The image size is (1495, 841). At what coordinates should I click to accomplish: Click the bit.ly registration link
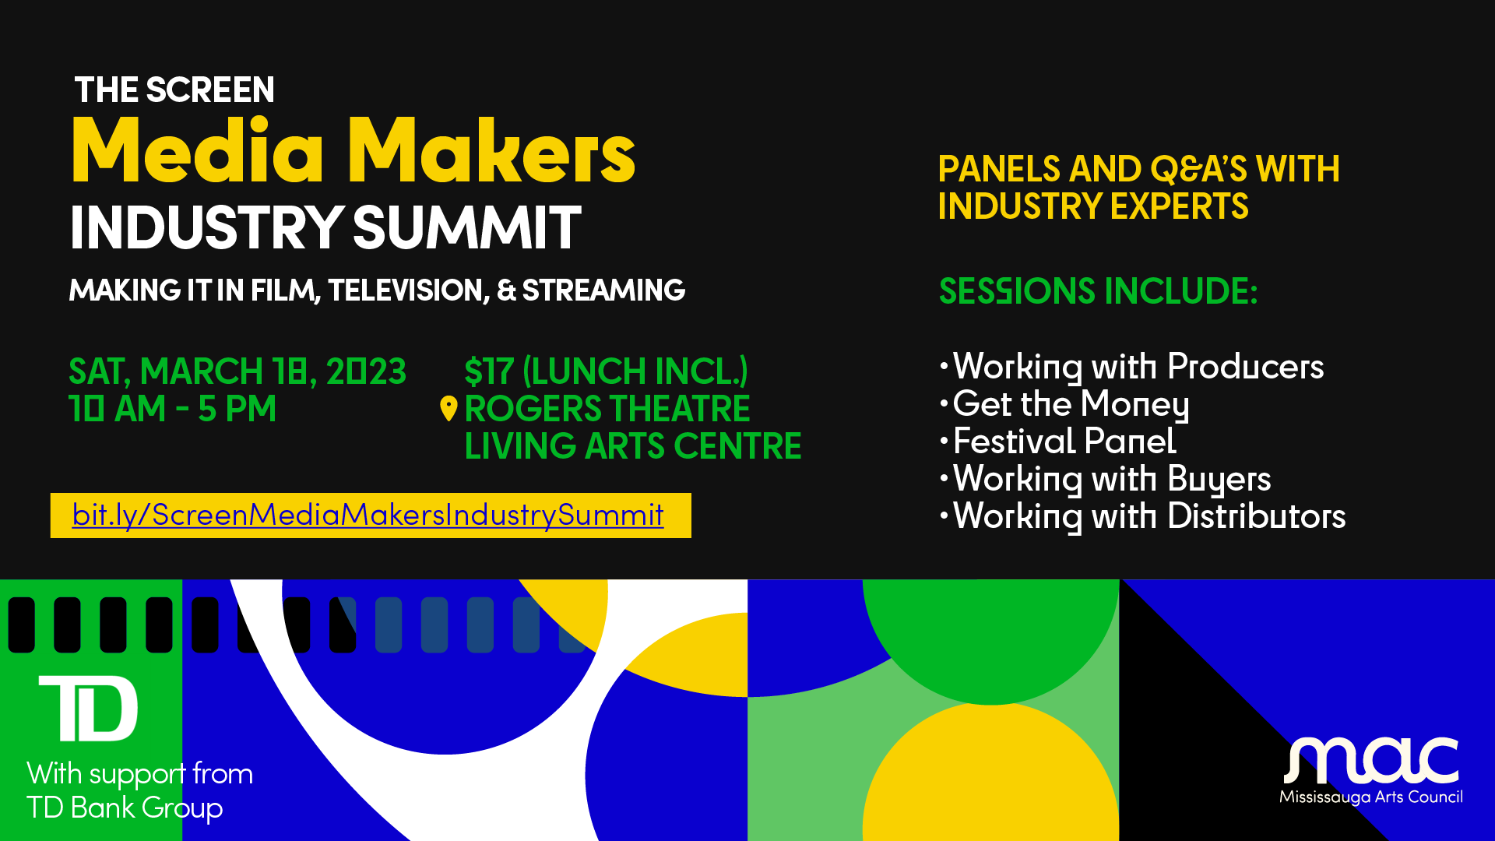pyautogui.click(x=368, y=515)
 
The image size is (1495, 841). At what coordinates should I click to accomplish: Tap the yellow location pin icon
pyautogui.click(x=448, y=408)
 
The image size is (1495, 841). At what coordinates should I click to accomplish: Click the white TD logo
pyautogui.click(x=89, y=708)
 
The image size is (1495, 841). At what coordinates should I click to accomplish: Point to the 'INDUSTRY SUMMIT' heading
pyautogui.click(x=325, y=227)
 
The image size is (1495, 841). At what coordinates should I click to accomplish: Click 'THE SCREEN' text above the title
pyautogui.click(x=174, y=90)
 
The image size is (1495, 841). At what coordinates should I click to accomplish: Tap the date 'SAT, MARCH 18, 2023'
pyautogui.click(x=237, y=371)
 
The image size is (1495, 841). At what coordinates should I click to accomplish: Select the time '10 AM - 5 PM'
pyautogui.click(x=172, y=409)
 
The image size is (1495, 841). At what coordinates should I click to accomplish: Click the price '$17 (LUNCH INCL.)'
pyautogui.click(x=606, y=371)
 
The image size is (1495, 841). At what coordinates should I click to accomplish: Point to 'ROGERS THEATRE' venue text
pyautogui.click(x=607, y=409)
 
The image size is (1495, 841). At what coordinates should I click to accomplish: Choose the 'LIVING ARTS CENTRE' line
pyautogui.click(x=633, y=446)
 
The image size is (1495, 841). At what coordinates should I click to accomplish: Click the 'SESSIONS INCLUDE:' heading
pyautogui.click(x=1098, y=291)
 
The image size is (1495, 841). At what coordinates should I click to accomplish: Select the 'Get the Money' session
pyautogui.click(x=1071, y=405)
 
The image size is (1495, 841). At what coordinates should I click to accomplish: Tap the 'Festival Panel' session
pyautogui.click(x=1064, y=442)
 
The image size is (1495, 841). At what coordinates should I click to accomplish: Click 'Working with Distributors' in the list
pyautogui.click(x=1149, y=516)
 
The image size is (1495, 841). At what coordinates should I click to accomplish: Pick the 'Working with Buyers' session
pyautogui.click(x=1112, y=480)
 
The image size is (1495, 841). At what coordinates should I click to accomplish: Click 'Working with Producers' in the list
pyautogui.click(x=1138, y=367)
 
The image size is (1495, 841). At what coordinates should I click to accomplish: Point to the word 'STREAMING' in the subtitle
pyautogui.click(x=603, y=290)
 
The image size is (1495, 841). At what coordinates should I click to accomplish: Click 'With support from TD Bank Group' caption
pyautogui.click(x=140, y=791)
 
